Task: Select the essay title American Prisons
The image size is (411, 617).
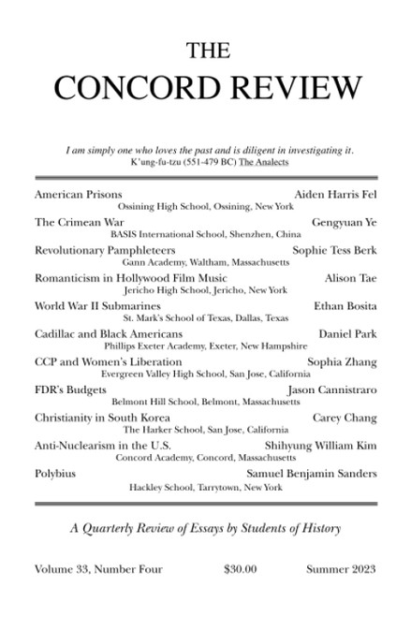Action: pos(74,191)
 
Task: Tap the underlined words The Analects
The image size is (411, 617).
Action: pos(259,162)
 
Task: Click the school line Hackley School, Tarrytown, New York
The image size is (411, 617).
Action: pos(203,488)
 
